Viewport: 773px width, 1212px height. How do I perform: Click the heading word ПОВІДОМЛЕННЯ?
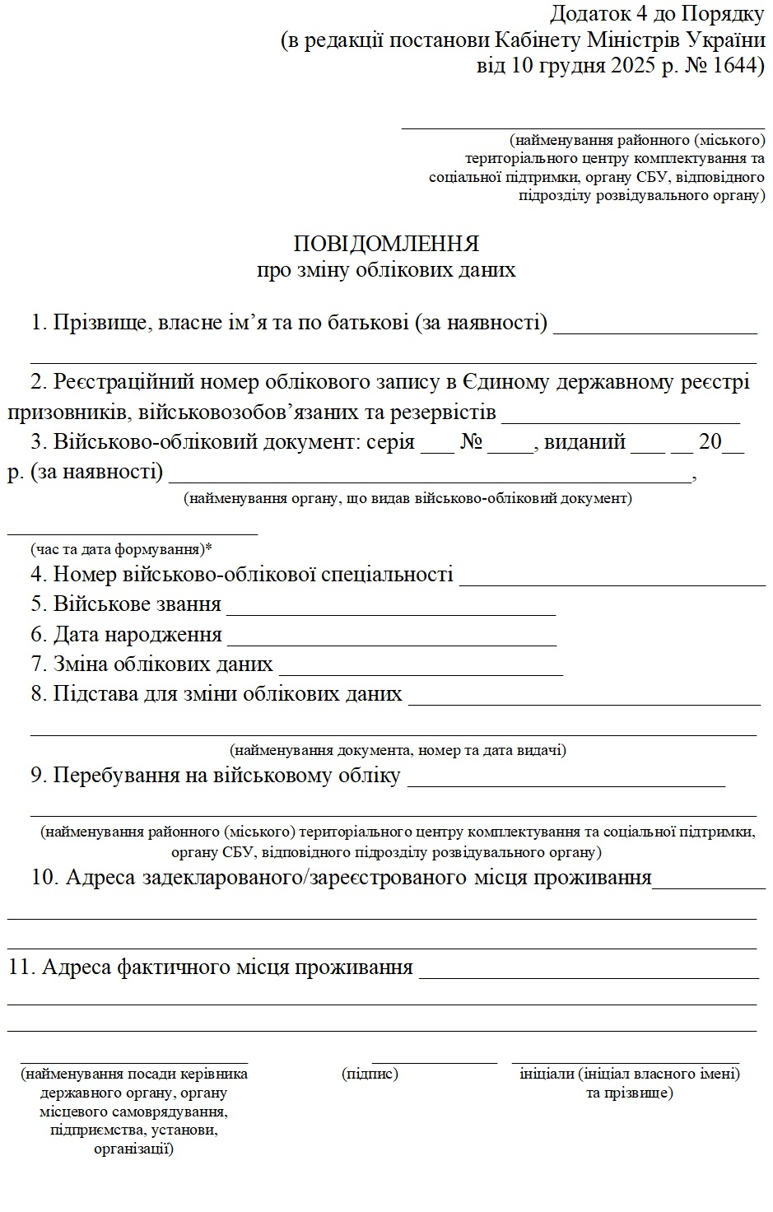coord(386,245)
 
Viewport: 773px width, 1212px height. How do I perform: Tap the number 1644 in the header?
coord(731,66)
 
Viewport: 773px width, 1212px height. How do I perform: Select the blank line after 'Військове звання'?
coord(391,613)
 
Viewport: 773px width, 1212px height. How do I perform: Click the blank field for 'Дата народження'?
coord(392,644)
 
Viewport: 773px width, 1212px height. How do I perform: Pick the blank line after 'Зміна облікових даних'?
coord(421,674)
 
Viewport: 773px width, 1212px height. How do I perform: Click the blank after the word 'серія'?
coord(437,450)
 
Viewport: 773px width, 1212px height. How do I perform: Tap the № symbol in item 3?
coord(471,442)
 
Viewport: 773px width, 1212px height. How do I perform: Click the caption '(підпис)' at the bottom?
coord(370,1074)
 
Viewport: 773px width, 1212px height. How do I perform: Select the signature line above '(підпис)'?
coord(435,1063)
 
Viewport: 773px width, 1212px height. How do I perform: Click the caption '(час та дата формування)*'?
coord(122,548)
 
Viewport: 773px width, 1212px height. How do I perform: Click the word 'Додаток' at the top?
coord(584,14)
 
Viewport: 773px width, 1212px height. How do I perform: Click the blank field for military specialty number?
coord(612,584)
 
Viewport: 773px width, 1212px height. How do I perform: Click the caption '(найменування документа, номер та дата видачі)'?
coord(398,750)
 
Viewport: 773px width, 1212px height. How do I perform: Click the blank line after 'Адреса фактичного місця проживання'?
coord(589,977)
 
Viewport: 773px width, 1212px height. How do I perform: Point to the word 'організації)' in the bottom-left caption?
coord(133,1149)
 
